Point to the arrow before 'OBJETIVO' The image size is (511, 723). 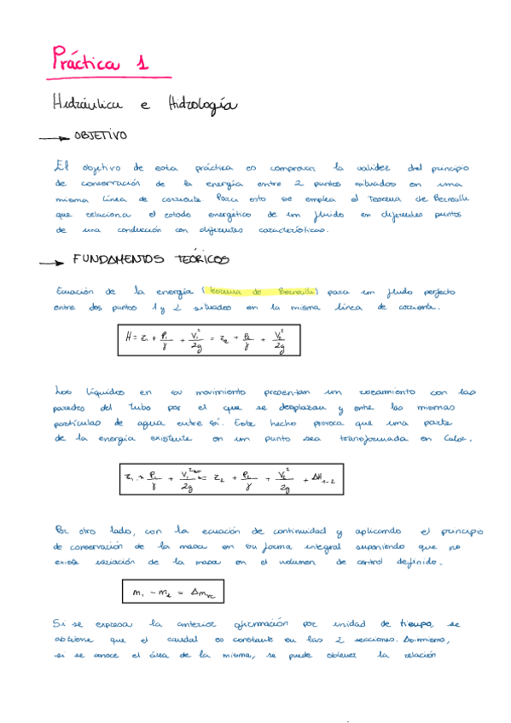click(55, 137)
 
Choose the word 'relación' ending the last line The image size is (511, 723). click(414, 656)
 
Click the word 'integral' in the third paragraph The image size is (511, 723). click(300, 546)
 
